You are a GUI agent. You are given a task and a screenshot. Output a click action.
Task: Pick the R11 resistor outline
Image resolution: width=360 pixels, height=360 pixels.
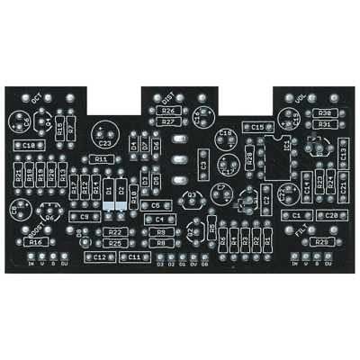point(100,159)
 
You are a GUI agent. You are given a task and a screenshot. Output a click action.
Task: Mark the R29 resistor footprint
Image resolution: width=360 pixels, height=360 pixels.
point(321,242)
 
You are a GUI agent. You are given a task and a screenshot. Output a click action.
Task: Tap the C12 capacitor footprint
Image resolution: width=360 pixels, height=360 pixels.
point(100,256)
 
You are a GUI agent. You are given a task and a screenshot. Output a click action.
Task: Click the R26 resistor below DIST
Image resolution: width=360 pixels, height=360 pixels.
point(168,110)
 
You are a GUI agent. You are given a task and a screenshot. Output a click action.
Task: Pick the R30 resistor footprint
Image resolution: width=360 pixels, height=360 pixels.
point(325,112)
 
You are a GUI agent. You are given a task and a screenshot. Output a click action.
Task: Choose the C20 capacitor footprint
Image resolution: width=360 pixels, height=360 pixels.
point(330,216)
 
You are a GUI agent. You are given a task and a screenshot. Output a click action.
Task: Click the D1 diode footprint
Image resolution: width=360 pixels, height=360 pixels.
point(108,192)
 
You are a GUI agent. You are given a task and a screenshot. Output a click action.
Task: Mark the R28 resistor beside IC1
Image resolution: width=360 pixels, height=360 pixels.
point(249,163)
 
